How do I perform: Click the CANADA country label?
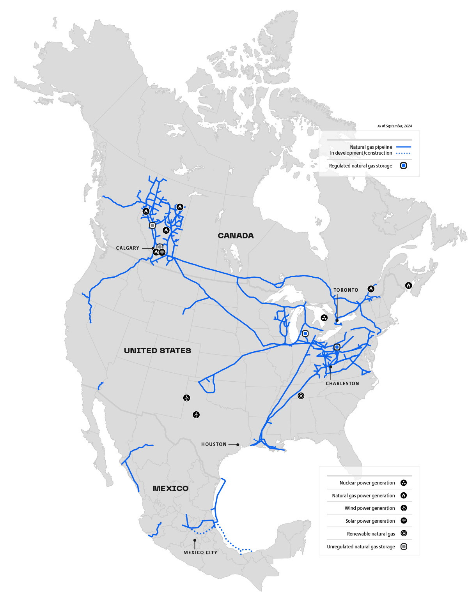pyautogui.click(x=236, y=236)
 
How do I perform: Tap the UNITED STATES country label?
pyautogui.click(x=158, y=351)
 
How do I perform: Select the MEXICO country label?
pyautogui.click(x=170, y=488)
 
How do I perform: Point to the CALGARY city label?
pyautogui.click(x=128, y=248)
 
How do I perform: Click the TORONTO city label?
pyautogui.click(x=346, y=290)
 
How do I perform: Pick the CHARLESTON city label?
pyautogui.click(x=342, y=384)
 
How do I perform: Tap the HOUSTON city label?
pyautogui.click(x=214, y=444)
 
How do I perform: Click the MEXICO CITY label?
pyautogui.click(x=200, y=553)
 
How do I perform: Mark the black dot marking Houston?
pyautogui.click(x=238, y=444)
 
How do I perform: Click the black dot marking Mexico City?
pyautogui.click(x=195, y=541)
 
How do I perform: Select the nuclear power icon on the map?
pyautogui.click(x=324, y=318)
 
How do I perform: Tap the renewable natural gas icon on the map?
pyautogui.click(x=301, y=396)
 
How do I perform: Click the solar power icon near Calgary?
pyautogui.click(x=162, y=252)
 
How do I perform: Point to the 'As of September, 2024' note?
pyautogui.click(x=394, y=126)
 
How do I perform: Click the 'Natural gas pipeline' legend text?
pyautogui.click(x=371, y=147)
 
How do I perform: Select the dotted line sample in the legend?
pyautogui.click(x=403, y=153)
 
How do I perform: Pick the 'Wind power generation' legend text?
pyautogui.click(x=370, y=508)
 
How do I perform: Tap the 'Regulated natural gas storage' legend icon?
pyautogui.click(x=404, y=166)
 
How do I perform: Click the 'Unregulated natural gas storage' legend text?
pyautogui.click(x=361, y=547)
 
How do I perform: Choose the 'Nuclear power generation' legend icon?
pyautogui.click(x=404, y=483)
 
